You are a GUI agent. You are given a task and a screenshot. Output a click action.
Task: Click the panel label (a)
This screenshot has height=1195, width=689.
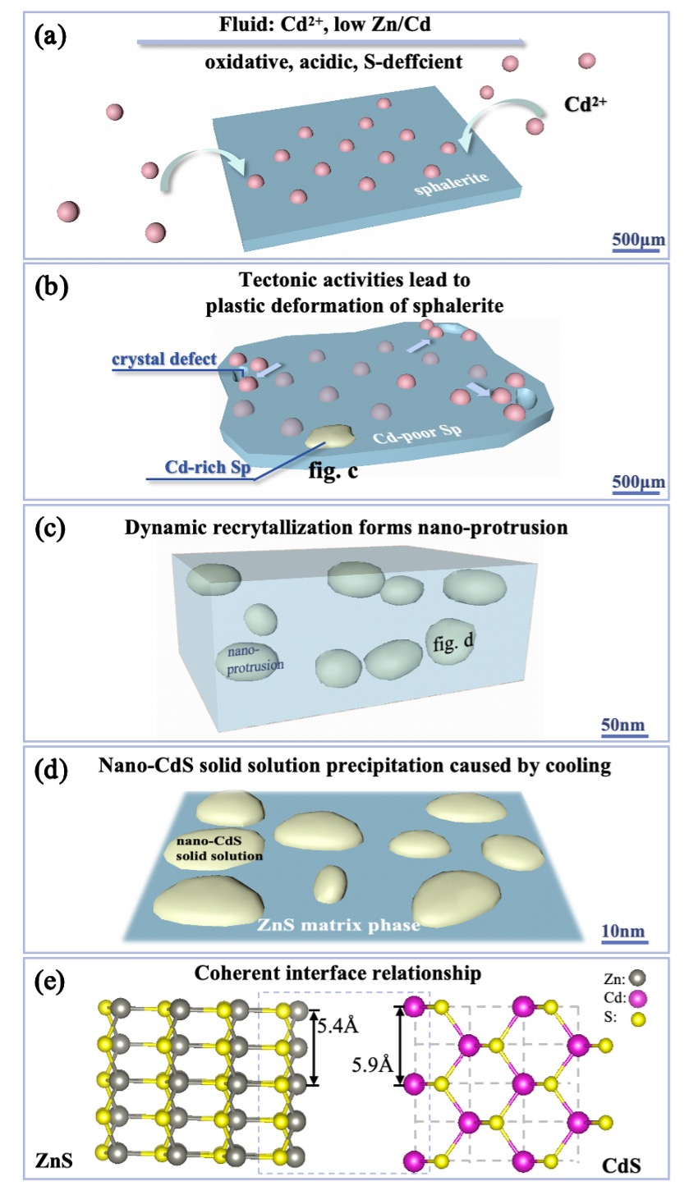52,35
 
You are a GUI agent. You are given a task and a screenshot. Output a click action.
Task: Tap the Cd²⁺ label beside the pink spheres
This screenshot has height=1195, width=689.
586,105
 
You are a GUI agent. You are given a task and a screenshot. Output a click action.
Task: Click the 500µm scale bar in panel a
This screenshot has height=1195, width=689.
636,240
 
